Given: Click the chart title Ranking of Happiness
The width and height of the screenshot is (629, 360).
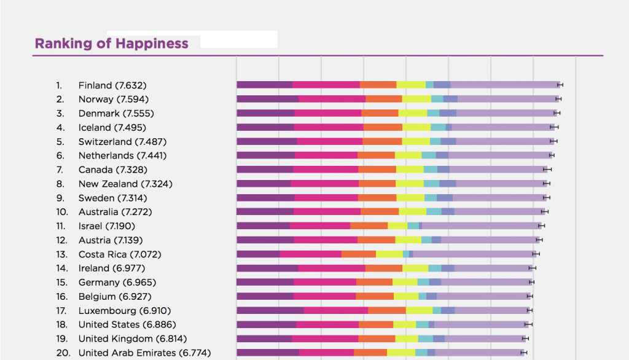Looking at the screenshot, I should pos(111,44).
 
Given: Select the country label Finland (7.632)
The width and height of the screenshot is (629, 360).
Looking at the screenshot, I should pos(112,85).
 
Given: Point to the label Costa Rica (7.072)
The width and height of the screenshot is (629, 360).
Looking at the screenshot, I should pos(120,254).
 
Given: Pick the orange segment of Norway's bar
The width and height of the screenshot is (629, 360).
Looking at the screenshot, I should pos(384,99).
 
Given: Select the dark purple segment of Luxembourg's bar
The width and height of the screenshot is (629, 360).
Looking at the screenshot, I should pos(270,311).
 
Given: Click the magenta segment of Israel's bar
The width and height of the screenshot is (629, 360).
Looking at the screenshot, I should pos(320,226).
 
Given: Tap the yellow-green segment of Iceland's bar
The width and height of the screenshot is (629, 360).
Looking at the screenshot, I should pos(416,127).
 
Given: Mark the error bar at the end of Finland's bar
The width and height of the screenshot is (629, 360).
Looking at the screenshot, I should pos(560,85).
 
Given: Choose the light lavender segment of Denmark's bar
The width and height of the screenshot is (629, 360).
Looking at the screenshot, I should pos(506,113).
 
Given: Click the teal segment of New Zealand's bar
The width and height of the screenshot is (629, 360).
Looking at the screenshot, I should pos(431,184).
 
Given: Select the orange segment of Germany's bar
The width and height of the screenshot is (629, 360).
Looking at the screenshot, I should pos(374,283).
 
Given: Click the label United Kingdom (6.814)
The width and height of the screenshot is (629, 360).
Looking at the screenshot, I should pos(133,339).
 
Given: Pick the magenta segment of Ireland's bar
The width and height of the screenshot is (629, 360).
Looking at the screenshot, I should pos(332,268).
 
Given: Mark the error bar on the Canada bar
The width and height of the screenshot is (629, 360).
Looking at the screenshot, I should pos(547,170).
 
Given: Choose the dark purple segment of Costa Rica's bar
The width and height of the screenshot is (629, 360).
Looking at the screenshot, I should pos(258,254).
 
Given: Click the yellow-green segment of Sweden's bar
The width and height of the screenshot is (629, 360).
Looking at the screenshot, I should pos(411,198).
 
